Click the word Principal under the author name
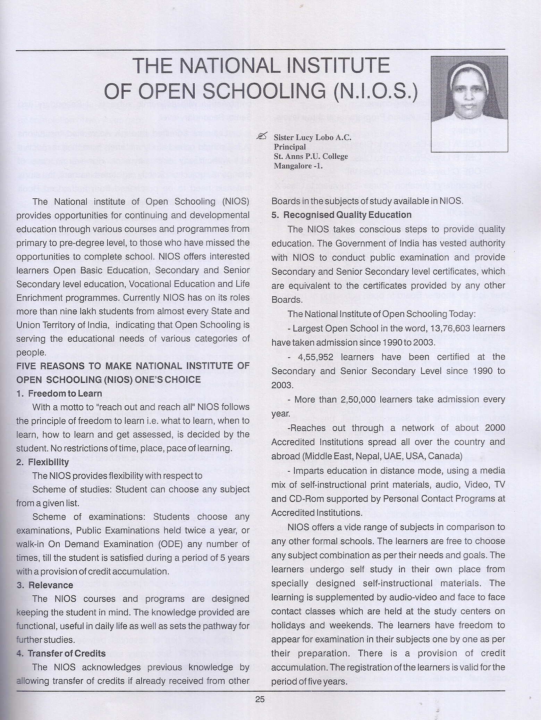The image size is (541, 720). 290,147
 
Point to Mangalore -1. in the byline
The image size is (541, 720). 298,166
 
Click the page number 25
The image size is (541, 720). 260,699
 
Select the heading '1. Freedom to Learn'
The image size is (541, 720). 59,393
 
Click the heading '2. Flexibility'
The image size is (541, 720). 43,462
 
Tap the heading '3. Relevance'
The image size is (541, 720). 45,585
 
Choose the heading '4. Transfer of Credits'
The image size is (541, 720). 61,653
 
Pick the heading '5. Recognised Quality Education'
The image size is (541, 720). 341,215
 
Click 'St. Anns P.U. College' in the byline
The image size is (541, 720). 311,156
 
